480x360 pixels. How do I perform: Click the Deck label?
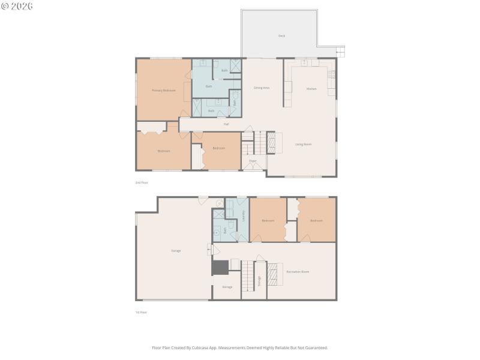[281, 36]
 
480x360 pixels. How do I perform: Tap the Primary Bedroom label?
[163, 90]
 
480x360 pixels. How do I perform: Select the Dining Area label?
[262, 88]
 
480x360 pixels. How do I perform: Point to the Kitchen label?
[311, 89]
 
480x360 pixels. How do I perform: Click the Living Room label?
[303, 144]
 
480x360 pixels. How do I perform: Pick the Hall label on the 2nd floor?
[226, 124]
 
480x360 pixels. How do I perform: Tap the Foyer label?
[253, 161]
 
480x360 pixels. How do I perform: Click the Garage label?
[176, 250]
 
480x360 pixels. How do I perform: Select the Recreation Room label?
[298, 272]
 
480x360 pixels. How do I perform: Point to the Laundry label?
[243, 217]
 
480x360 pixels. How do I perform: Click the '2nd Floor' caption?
[142, 182]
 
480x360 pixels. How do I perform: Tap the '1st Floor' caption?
[142, 312]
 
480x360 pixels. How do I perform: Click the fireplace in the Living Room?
[271, 143]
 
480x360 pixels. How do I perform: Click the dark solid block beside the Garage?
[220, 268]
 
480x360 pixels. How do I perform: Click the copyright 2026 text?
[17, 5]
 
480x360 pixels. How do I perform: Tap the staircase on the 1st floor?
[248, 280]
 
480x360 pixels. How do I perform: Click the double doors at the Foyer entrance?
[253, 167]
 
